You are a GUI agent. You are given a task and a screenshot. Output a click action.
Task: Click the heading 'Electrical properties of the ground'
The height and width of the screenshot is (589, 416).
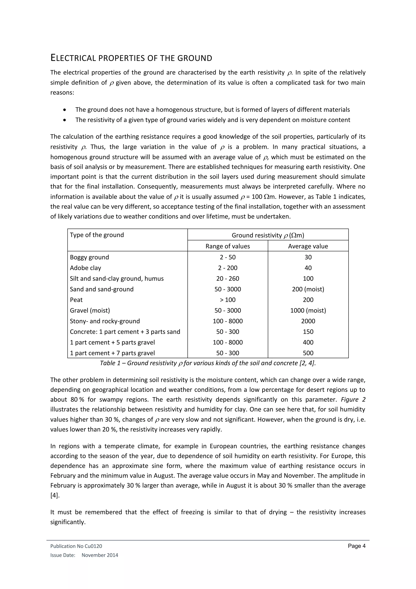coord(131,58)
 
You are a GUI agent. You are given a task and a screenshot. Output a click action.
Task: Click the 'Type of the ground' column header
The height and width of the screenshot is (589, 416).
coord(97,235)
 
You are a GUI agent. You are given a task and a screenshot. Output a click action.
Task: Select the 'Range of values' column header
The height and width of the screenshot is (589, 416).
coord(227,246)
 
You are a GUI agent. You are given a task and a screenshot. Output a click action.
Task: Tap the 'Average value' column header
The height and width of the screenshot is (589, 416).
coord(308,246)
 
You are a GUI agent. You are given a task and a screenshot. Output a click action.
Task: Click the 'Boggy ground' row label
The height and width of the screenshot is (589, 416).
coord(89,257)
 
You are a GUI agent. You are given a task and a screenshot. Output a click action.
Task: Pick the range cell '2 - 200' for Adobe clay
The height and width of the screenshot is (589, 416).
coord(227,268)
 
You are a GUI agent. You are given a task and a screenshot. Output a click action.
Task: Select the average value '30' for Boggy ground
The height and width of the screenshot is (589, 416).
coord(308,257)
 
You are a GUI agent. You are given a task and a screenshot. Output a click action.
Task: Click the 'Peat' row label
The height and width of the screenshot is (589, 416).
coord(76,300)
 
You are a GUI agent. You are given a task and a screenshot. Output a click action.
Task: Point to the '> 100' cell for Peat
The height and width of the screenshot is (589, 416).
coord(227,300)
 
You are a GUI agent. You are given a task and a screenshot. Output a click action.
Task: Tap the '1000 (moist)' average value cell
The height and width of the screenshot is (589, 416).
coord(308,311)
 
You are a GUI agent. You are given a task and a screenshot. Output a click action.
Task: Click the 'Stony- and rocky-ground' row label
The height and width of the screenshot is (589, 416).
coord(105,321)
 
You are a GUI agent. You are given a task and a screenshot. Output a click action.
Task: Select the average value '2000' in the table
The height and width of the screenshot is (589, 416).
coord(308,321)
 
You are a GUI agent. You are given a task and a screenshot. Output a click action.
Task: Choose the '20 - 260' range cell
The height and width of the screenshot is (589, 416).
coord(227,279)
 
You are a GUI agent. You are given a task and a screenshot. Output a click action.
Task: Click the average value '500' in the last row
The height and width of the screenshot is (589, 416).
coord(308,353)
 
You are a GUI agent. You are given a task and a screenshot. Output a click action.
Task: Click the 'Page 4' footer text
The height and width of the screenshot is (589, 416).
coord(356,546)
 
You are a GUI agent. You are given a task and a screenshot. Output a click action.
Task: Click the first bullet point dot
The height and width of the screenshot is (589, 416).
coord(64,110)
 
